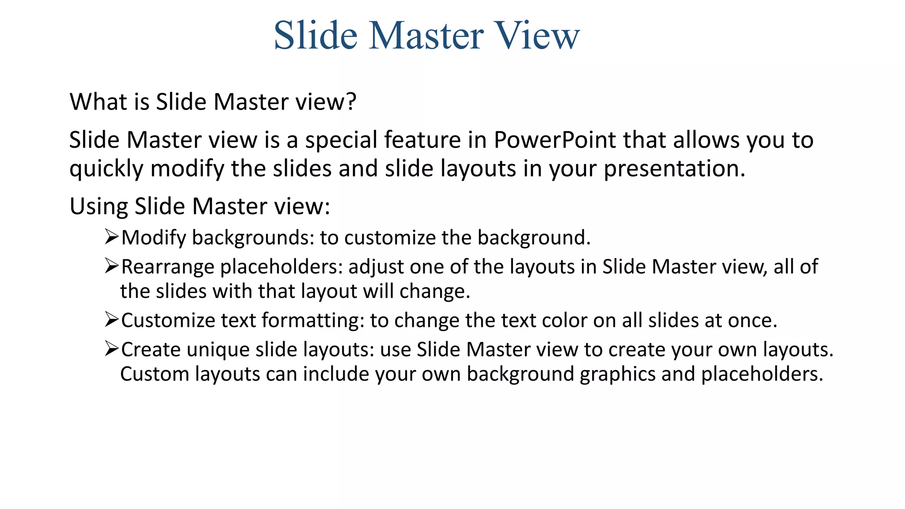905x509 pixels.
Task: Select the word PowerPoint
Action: click(x=555, y=140)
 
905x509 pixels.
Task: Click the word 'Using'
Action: click(x=98, y=206)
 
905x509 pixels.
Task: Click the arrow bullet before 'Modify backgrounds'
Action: click(x=111, y=237)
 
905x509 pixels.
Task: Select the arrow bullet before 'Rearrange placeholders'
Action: click(x=111, y=266)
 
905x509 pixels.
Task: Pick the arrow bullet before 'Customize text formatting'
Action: click(x=111, y=319)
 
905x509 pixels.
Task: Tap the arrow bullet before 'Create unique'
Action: click(x=111, y=349)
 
